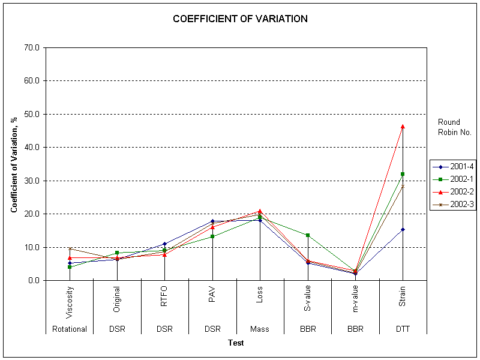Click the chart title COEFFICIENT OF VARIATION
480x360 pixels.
coord(240,19)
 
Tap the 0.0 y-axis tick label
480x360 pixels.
coord(34,280)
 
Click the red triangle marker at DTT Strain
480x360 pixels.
coord(403,126)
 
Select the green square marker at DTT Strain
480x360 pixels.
coord(403,174)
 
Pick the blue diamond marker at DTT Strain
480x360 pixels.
coord(403,229)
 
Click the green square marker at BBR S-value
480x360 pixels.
coord(308,235)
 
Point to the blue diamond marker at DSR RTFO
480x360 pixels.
coord(164,244)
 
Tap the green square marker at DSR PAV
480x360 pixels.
coord(212,236)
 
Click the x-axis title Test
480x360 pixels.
coord(236,343)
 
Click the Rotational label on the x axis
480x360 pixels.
coord(70,329)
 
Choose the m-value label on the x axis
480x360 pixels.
coord(356,298)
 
